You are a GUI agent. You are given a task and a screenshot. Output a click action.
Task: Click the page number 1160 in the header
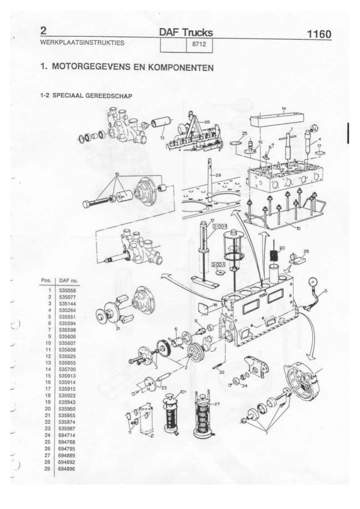coord(319,34)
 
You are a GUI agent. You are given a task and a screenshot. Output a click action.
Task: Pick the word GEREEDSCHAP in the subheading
coord(112,96)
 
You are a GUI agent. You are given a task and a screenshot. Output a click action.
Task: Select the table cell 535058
coord(66,289)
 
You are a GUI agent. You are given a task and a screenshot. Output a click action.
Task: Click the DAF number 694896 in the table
coord(66,475)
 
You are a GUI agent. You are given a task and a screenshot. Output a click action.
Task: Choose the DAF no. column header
coord(69,280)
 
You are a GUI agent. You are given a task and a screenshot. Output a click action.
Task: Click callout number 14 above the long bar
coord(283,108)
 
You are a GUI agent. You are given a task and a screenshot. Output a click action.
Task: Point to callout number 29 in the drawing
coord(218,175)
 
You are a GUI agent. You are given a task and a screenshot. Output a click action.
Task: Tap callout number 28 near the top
coord(207,122)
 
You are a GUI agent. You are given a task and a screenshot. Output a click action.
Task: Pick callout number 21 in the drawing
coord(118,328)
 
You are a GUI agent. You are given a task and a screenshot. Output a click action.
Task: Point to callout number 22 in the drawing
coord(222,372)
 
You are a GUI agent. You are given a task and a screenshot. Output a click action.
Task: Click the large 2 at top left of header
coord(44,31)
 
